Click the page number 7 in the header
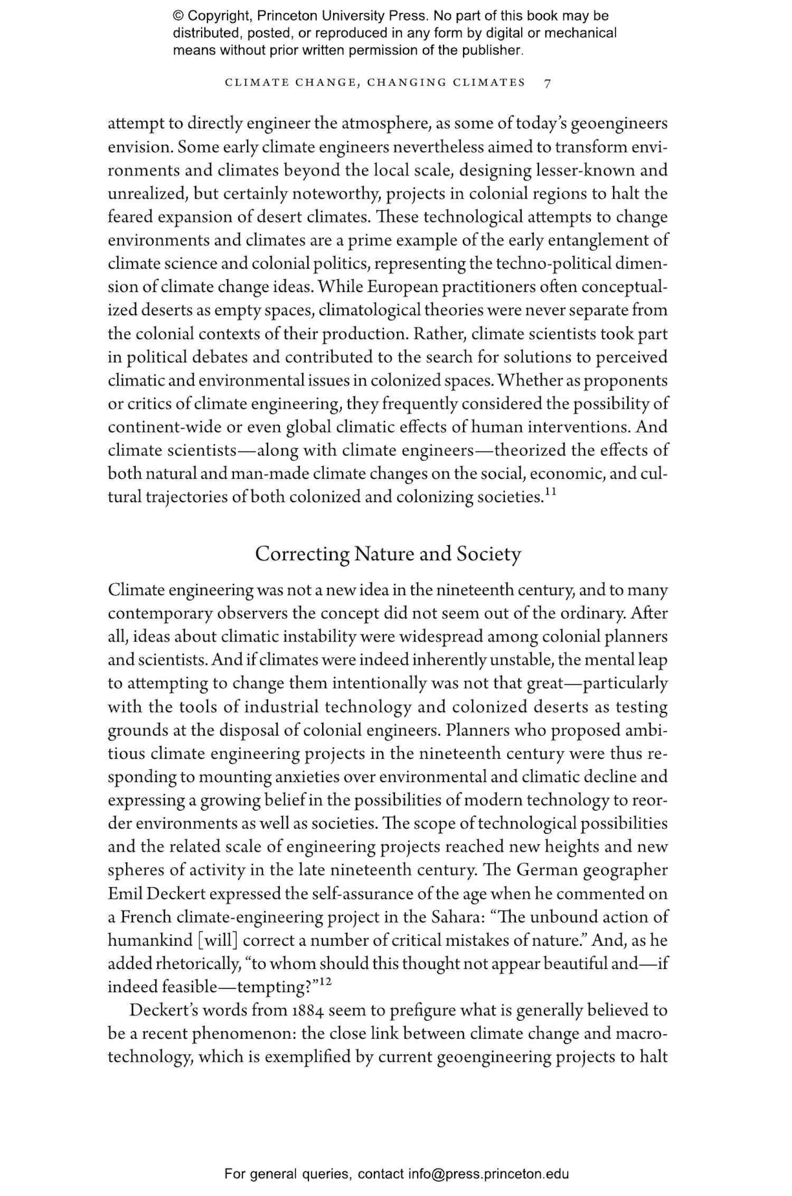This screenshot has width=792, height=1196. pos(548,83)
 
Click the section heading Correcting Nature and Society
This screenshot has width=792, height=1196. pos(388,554)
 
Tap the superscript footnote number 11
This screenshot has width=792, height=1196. pos(551,492)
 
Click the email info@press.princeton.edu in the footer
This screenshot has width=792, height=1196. pos(488,1174)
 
